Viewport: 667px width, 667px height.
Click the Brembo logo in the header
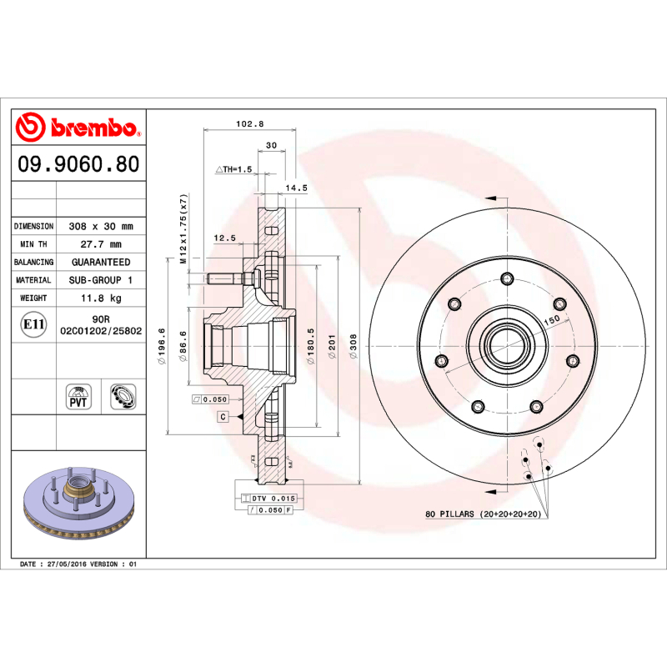77,128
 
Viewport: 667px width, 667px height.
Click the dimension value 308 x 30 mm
101,226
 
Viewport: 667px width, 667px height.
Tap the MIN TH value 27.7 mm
101,244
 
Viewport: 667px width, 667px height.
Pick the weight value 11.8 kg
101,298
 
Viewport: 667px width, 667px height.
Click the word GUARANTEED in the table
101,262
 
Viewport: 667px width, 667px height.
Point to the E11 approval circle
33,324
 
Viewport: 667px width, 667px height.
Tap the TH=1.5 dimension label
234,169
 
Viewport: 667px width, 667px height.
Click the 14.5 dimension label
297,188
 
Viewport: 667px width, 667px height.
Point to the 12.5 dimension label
225,238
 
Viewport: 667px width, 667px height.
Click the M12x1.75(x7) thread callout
183,229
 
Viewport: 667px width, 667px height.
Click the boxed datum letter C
223,416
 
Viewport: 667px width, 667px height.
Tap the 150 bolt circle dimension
551,321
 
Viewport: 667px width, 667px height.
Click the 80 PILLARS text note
483,514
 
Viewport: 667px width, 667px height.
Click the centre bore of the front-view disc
506,341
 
